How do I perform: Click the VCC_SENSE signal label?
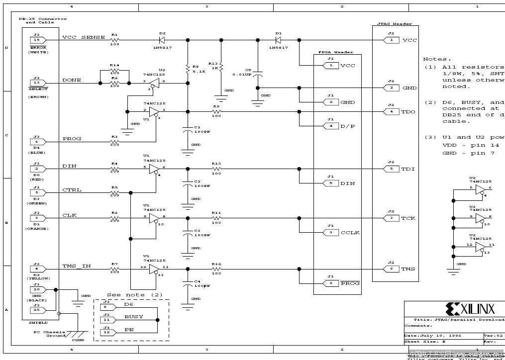click(x=83, y=38)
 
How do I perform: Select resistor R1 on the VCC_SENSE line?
click(x=115, y=40)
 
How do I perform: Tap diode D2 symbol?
click(x=162, y=40)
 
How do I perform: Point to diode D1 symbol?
click(x=278, y=40)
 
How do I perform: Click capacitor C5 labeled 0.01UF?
click(x=257, y=74)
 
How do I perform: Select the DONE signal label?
click(x=72, y=80)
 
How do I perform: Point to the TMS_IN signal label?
click(x=76, y=267)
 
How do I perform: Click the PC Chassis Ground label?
click(x=50, y=334)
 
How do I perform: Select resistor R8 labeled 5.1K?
click(x=188, y=68)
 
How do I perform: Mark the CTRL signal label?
click(x=72, y=190)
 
